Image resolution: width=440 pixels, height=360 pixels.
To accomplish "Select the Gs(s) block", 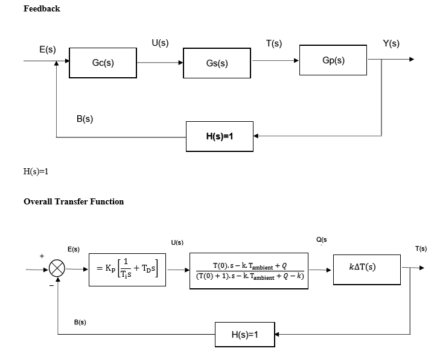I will pyautogui.click(x=217, y=63).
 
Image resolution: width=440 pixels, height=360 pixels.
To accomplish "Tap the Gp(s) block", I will pyautogui.click(x=334, y=61).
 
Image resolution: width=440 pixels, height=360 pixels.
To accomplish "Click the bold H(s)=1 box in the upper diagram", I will pyautogui.click(x=220, y=137).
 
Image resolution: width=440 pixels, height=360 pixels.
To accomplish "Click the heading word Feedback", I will pyautogui.click(x=42, y=8).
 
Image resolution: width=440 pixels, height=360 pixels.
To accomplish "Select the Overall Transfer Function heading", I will pyautogui.click(x=74, y=201).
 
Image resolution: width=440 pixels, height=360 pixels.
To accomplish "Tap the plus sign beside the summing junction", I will pyautogui.click(x=42, y=256).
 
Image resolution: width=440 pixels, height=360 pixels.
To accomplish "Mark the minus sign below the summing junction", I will pyautogui.click(x=51, y=286).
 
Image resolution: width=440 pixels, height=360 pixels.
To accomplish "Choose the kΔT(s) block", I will pyautogui.click(x=366, y=268).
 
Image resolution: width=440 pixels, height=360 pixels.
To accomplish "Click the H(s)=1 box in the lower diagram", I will pyautogui.click(x=244, y=335).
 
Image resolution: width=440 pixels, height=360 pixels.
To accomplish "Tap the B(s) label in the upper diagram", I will pyautogui.click(x=84, y=119).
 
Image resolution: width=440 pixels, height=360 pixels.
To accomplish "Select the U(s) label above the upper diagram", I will pyautogui.click(x=160, y=43).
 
